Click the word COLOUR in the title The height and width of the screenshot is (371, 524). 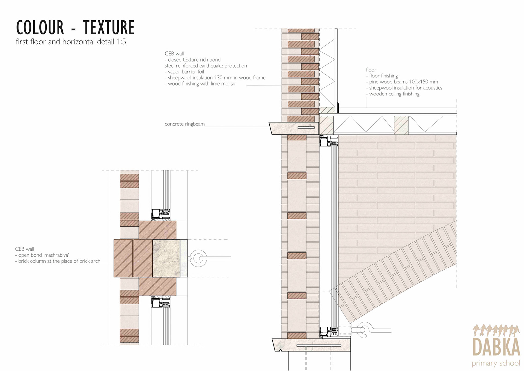click(x=40, y=28)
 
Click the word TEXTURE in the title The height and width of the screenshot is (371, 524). click(x=109, y=28)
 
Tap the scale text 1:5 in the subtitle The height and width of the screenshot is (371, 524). click(x=121, y=42)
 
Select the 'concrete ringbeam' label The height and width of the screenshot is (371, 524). click(x=184, y=124)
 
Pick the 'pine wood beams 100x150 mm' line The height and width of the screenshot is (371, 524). click(x=403, y=82)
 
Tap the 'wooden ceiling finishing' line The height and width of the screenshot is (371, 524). click(x=394, y=94)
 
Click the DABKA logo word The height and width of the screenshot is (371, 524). click(x=496, y=347)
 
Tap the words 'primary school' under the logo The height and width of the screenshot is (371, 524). click(x=496, y=363)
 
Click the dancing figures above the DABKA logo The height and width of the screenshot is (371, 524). click(x=496, y=330)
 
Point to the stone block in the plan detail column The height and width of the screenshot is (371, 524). click(x=166, y=258)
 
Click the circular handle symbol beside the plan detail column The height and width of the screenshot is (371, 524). click(x=198, y=258)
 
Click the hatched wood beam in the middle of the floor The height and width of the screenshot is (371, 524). click(x=401, y=125)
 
